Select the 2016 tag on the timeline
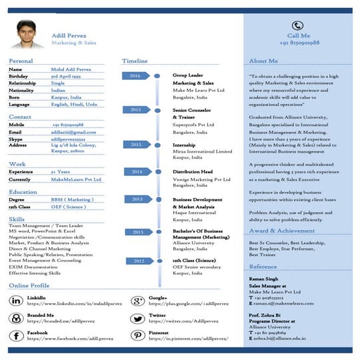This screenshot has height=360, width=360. coord(136,75)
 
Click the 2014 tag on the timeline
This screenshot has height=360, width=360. coord(136,171)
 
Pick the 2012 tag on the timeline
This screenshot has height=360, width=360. coord(138,261)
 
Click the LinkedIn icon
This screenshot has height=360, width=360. coord(15,301)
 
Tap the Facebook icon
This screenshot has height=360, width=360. coord(15,335)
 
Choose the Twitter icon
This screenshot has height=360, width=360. coord(138,318)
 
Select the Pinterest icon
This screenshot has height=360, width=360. coord(138,335)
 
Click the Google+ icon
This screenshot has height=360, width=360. coord(138,301)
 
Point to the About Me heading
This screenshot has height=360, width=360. coord(263,61)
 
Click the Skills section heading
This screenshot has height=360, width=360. coord(17,219)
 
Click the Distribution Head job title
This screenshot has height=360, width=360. coord(193,171)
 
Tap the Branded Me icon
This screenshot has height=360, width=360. coord(15,318)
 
